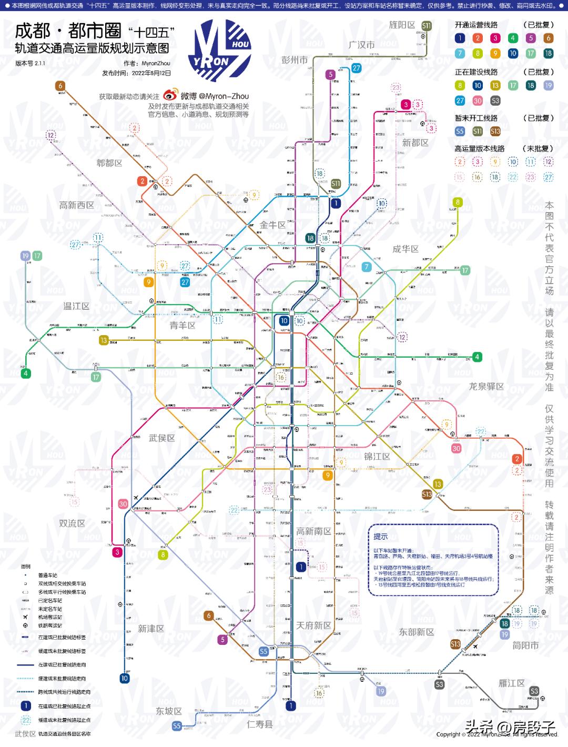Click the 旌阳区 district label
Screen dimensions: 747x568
[x=402, y=25]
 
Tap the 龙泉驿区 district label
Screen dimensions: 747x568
[x=486, y=386]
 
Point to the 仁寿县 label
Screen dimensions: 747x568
[x=260, y=724]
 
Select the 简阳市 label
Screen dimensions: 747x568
[x=525, y=645]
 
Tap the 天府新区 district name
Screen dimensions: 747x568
[x=313, y=625]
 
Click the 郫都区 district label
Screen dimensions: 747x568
[x=109, y=163]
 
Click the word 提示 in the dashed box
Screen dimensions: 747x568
[x=381, y=536]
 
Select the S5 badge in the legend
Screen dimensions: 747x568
[x=460, y=132]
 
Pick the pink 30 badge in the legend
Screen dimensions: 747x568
[x=478, y=100]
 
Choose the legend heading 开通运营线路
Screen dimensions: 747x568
[x=476, y=25]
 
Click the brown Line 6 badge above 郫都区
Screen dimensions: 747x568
[x=60, y=86]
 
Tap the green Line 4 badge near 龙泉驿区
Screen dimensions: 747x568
[x=477, y=357]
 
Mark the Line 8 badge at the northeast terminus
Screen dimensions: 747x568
[x=458, y=202]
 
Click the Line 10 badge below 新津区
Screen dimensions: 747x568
[x=125, y=678]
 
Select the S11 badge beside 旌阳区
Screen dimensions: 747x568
[x=426, y=25]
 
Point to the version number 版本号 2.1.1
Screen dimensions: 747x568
[x=30, y=63]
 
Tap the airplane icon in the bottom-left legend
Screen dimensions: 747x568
[x=25, y=617]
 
